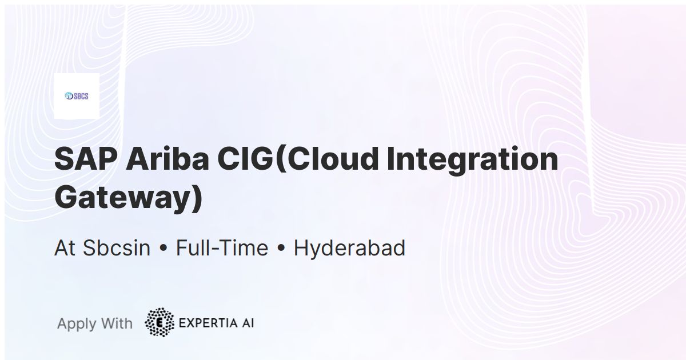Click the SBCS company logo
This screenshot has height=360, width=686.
pyautogui.click(x=77, y=96)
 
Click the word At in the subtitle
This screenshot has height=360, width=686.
pyautogui.click(x=65, y=248)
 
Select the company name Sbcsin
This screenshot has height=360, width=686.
pyautogui.click(x=117, y=248)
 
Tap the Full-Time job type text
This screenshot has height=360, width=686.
pyautogui.click(x=222, y=248)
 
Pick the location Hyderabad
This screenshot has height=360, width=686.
pyautogui.click(x=349, y=248)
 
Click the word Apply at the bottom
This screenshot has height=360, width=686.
pyautogui.click(x=77, y=324)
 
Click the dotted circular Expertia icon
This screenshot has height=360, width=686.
pyautogui.click(x=159, y=322)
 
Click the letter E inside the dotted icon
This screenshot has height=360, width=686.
pyautogui.click(x=159, y=322)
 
